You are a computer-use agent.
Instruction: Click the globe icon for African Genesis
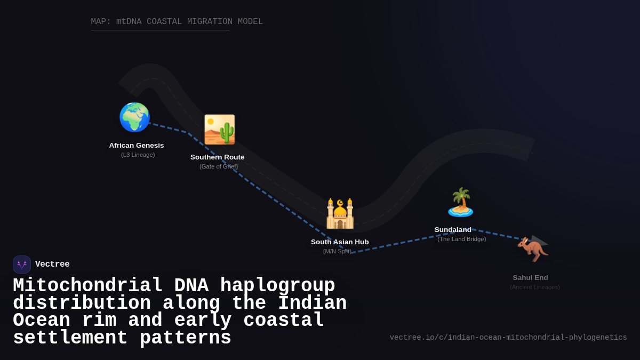134,117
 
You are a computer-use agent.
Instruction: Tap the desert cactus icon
219,130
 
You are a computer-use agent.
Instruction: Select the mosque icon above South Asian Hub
340,213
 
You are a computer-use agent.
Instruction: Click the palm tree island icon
460,202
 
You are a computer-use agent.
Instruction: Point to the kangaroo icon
532,249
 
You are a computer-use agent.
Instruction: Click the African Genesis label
137,146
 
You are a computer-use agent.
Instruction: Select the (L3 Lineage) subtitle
138,155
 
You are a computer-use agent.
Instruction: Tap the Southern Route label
218,157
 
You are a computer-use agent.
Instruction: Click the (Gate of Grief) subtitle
219,166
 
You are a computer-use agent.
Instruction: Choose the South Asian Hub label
340,242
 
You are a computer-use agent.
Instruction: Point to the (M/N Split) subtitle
337,251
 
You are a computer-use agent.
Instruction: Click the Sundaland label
453,230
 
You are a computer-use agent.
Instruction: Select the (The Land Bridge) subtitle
461,239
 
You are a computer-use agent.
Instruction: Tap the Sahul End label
530,278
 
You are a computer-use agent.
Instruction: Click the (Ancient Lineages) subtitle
534,287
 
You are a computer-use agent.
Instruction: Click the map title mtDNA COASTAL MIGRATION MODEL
177,22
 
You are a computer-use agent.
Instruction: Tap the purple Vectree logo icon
22,265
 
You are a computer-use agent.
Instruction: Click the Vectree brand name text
52,265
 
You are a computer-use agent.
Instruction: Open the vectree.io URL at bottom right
508,338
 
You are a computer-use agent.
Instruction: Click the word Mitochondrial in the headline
88,286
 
